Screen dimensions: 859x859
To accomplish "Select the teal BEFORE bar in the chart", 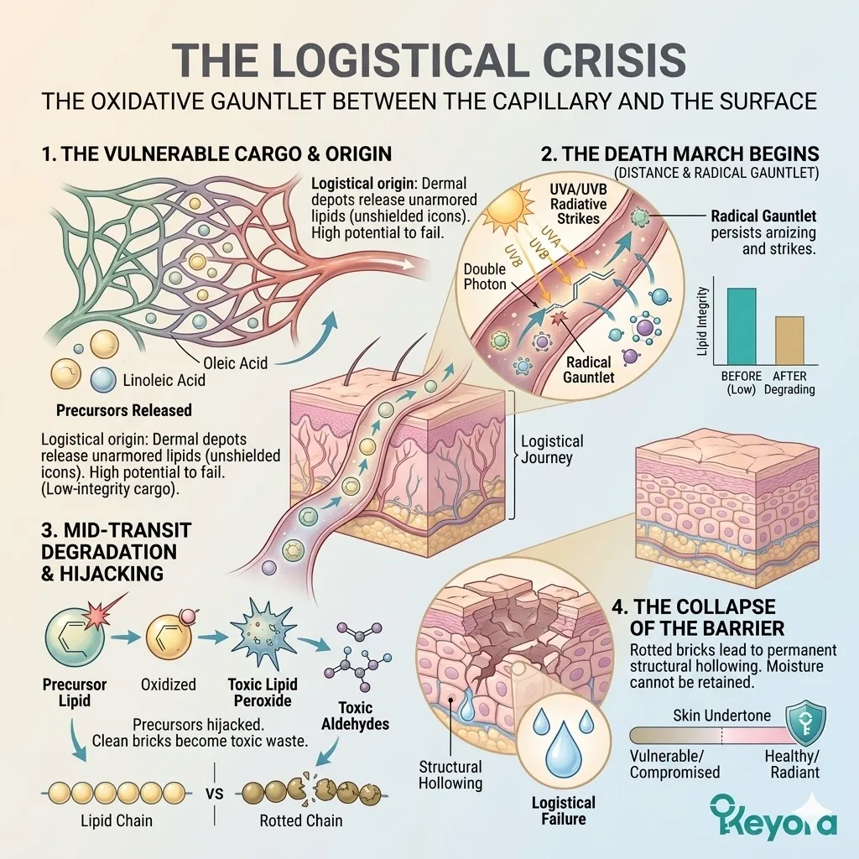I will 735,327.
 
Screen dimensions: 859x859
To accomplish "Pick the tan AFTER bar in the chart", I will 789,341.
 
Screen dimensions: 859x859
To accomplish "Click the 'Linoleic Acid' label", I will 163,380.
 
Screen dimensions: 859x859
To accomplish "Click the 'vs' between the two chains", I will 215,792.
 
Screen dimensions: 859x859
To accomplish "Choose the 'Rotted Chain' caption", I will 300,820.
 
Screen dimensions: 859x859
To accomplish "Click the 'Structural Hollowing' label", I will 450,775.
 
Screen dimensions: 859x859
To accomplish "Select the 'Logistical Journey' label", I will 552,450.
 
